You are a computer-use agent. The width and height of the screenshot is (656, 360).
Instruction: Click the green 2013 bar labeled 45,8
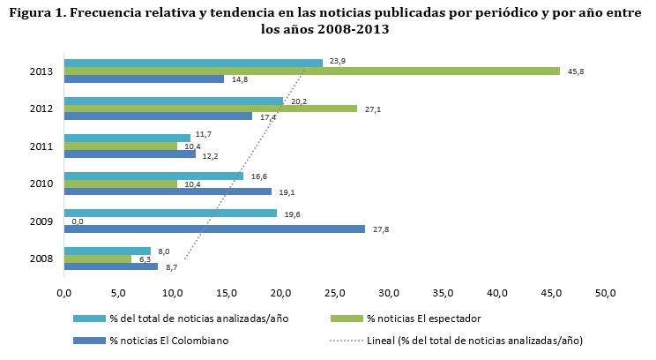click(x=311, y=71)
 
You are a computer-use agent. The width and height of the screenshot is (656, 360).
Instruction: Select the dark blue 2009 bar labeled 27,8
click(x=214, y=229)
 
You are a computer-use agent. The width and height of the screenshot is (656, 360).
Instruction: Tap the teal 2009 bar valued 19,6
click(x=170, y=213)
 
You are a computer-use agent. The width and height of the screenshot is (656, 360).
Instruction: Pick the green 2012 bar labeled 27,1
click(x=211, y=109)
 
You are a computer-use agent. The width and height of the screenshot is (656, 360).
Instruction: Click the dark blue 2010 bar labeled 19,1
click(x=168, y=191)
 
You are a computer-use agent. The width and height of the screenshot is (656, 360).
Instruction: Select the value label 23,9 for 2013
click(x=337, y=62)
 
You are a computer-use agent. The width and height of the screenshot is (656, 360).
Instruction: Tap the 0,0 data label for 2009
click(x=77, y=221)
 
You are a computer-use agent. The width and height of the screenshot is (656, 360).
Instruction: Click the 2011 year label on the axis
click(x=42, y=146)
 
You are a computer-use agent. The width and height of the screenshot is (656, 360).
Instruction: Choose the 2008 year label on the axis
click(x=42, y=259)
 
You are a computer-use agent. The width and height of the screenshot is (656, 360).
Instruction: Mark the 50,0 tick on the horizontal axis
click(x=606, y=291)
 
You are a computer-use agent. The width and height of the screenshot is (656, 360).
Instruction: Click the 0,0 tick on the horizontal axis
click(x=63, y=291)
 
